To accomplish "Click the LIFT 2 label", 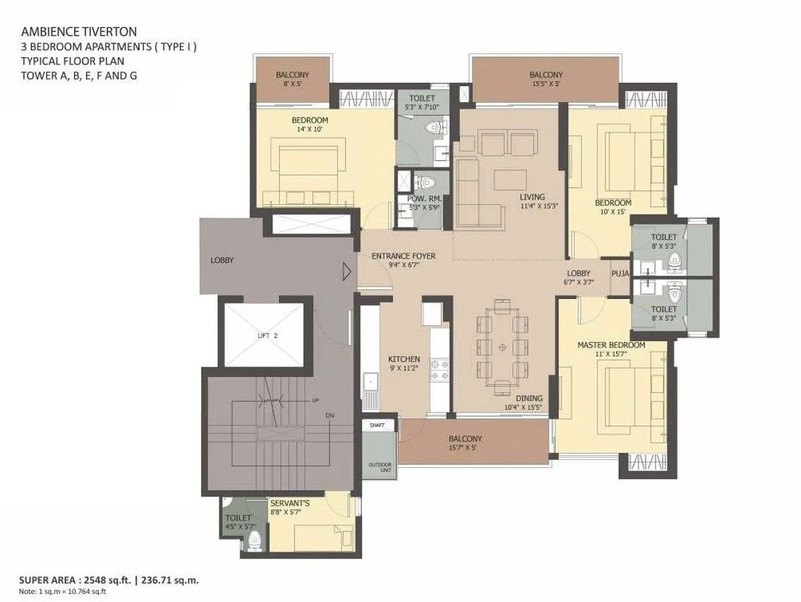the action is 268,336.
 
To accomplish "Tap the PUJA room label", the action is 620,273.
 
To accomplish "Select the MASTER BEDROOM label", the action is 611,345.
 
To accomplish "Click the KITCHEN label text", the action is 404,359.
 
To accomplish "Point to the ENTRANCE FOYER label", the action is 404,256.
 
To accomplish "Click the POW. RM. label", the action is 425,199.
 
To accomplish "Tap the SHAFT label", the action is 377,425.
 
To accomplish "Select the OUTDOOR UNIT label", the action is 380,467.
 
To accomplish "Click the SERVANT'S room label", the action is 290,503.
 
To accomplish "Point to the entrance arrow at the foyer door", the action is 346,272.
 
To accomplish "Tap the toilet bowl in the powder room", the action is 425,182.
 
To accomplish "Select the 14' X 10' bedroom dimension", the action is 310,129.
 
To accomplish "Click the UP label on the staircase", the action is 315,400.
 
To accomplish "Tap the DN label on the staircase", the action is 330,416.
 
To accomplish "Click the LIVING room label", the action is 533,197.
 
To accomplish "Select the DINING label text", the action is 529,398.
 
